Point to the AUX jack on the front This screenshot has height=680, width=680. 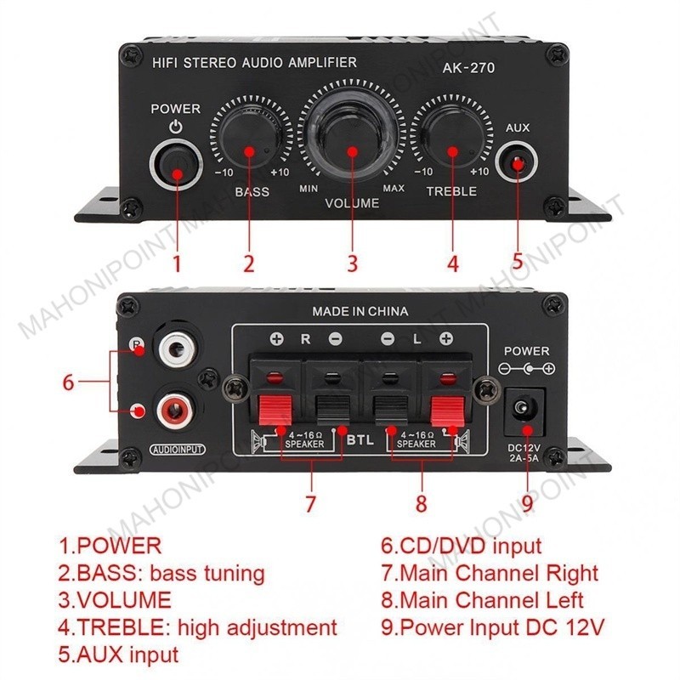517,163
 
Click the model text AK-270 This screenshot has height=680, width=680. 468,68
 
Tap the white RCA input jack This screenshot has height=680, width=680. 177,347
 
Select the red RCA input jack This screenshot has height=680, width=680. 176,408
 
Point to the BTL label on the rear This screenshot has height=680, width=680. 360,440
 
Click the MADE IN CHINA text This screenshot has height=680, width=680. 360,311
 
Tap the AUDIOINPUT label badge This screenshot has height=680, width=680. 178,450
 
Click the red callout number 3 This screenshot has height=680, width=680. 353,263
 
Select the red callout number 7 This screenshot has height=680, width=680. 309,503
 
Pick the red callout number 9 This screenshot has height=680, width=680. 527,503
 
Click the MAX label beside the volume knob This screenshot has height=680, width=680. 394,188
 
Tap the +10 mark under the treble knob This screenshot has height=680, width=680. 479,172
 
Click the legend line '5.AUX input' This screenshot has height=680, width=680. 118,654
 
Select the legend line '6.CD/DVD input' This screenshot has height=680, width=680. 461,546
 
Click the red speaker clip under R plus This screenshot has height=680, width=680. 275,410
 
